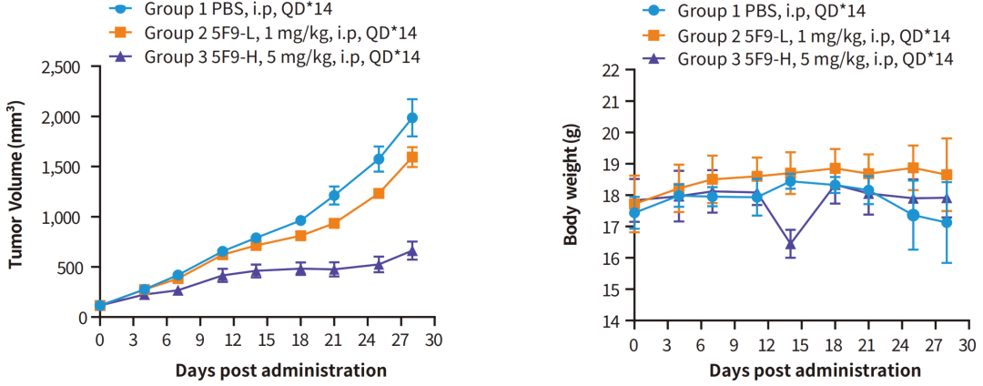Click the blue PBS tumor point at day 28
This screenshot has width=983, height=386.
[x=412, y=117]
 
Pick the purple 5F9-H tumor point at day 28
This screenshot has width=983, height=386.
[x=412, y=250]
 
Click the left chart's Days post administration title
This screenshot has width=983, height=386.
[x=268, y=370]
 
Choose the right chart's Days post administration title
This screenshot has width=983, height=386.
[x=803, y=371]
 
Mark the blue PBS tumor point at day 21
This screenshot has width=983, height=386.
[x=334, y=196]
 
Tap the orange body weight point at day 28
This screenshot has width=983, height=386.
[x=947, y=175]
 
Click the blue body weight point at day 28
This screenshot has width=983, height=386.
[x=947, y=223]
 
